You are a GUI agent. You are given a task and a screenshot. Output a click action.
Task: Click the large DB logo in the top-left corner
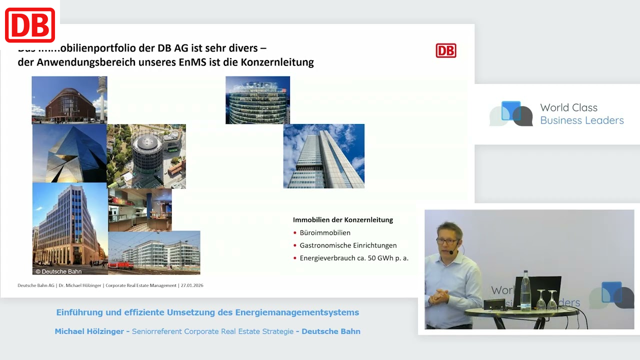(30, 25)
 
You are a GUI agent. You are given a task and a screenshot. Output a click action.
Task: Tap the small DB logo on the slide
(445, 50)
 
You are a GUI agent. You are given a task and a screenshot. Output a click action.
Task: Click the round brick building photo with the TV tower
(69, 99)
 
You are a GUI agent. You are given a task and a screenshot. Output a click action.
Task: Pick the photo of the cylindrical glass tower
(257, 100)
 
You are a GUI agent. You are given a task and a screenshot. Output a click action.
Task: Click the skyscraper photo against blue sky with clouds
(323, 156)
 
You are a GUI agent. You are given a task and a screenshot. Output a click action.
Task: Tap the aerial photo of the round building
(146, 156)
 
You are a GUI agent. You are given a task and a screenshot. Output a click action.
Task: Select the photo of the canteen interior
(140, 210)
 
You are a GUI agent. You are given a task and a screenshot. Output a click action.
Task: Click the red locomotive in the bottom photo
(119, 265)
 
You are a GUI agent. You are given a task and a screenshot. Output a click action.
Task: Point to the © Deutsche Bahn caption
(58, 271)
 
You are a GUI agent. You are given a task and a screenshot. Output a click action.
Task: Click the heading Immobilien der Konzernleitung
(343, 220)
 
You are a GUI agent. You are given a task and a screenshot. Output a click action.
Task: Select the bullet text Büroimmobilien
(325, 232)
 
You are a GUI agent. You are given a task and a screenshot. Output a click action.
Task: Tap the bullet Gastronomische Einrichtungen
(348, 245)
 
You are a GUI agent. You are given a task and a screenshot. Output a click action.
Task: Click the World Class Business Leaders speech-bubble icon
(511, 113)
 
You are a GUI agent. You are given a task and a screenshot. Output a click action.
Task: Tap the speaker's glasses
(446, 241)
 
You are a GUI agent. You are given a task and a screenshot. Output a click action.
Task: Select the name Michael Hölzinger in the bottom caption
(89, 331)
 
